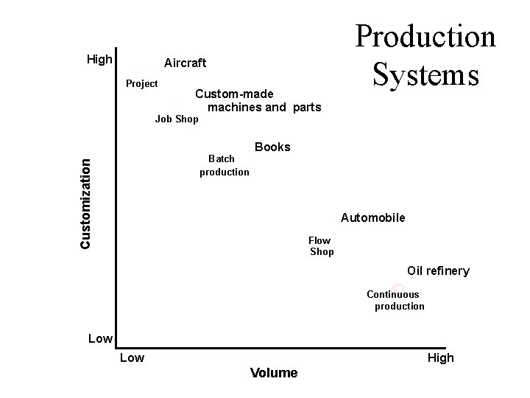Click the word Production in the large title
point(425,36)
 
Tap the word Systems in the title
point(425,74)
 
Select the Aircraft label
point(185,63)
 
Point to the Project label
point(141,83)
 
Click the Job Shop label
point(177,119)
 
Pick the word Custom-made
point(234,94)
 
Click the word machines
point(233,108)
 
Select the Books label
point(272,147)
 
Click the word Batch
point(222,158)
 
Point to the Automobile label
point(372,218)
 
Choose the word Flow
point(319,240)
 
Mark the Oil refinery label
point(438,270)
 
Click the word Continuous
point(392,294)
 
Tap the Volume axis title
point(274,373)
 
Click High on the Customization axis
point(99,59)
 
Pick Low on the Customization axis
point(100,339)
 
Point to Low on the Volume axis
point(132,358)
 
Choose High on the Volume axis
point(441,358)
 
